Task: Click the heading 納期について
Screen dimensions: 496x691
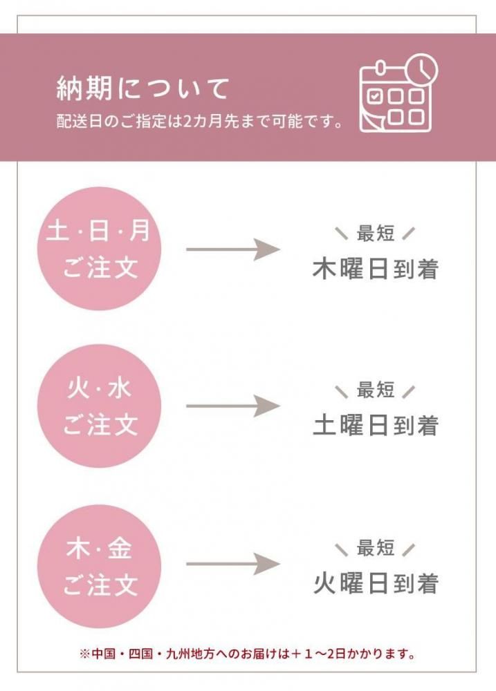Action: (x=143, y=88)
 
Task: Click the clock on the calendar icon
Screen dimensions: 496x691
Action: (x=422, y=68)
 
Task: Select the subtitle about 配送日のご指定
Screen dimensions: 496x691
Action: (x=199, y=121)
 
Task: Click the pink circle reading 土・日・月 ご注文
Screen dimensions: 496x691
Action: (x=99, y=249)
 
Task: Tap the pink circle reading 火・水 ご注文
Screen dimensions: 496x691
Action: (x=99, y=406)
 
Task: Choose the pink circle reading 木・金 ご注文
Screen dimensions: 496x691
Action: (x=99, y=567)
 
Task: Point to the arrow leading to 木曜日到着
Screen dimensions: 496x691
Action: (x=233, y=249)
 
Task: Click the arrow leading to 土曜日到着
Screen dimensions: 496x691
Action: (x=233, y=406)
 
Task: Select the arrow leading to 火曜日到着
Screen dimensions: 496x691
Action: (x=233, y=564)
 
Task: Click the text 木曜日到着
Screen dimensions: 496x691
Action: (x=376, y=269)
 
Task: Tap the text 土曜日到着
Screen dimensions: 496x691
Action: (x=376, y=425)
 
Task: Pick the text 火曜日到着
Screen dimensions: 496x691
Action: (x=376, y=583)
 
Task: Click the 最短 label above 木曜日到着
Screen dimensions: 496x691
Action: (x=376, y=233)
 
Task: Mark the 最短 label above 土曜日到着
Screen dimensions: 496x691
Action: (x=376, y=390)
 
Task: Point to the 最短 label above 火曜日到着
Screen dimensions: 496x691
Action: (x=376, y=548)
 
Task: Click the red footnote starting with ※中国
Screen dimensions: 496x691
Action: (x=248, y=654)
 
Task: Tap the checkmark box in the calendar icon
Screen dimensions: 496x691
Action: (x=375, y=95)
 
